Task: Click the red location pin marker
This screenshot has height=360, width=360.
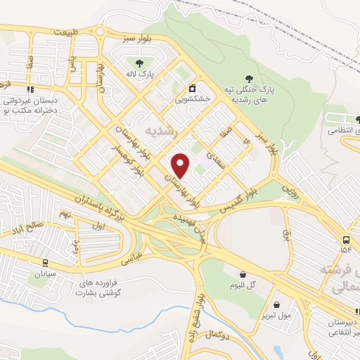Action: [x=181, y=165]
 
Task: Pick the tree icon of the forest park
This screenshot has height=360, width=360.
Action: [x=247, y=78]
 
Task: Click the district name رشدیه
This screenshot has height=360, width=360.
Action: [x=162, y=131]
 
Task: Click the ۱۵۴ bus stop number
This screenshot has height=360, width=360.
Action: [x=345, y=250]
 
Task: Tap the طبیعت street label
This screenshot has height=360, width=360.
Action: [x=84, y=32]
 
